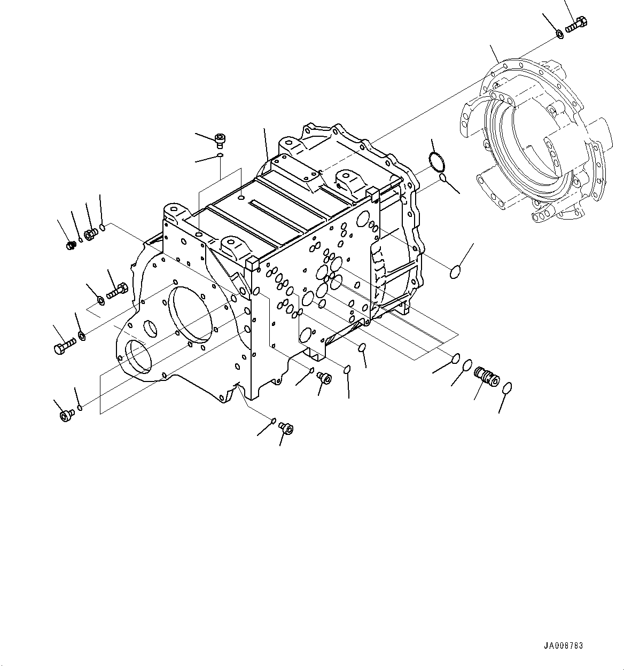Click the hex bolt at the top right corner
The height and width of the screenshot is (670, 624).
tap(575, 24)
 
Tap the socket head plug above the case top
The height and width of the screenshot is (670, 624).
tap(220, 141)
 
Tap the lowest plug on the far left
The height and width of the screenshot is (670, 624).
tap(67, 415)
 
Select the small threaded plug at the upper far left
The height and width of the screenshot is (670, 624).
tap(69, 245)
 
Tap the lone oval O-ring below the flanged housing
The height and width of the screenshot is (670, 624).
tap(454, 272)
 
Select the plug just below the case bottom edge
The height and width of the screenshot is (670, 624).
tap(324, 378)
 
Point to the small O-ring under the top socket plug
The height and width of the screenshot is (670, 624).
tap(220, 155)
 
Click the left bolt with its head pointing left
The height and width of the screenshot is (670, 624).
tap(61, 348)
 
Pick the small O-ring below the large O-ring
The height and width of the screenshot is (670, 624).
tap(443, 177)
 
